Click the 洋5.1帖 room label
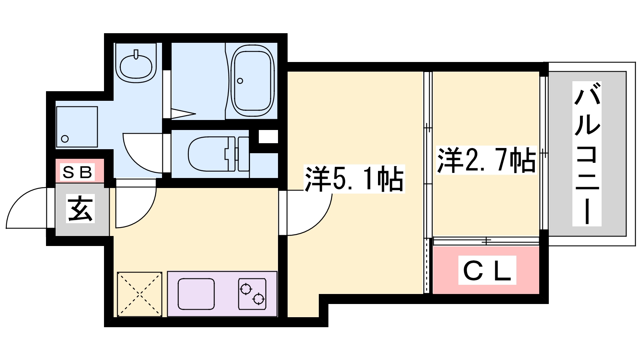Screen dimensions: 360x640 pyautogui.click(x=354, y=179)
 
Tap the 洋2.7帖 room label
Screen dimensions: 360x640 pyautogui.click(x=486, y=160)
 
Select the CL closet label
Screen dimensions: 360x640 pyautogui.click(x=487, y=271)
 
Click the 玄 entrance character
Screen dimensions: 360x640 pyautogui.click(x=80, y=209)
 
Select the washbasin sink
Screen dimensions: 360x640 pyautogui.click(x=136, y=66)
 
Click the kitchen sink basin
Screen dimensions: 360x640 pyautogui.click(x=196, y=294)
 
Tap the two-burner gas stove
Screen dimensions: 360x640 pyautogui.click(x=252, y=294)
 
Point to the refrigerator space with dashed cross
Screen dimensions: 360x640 pyautogui.click(x=140, y=294)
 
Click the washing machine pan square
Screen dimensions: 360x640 pyautogui.click(x=77, y=127)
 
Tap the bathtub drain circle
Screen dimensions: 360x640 pyautogui.click(x=240, y=81)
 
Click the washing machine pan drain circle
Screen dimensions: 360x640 pyautogui.click(x=65, y=139)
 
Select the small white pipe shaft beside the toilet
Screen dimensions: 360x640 pyautogui.click(x=268, y=136)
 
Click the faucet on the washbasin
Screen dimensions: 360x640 pyautogui.click(x=136, y=54)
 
